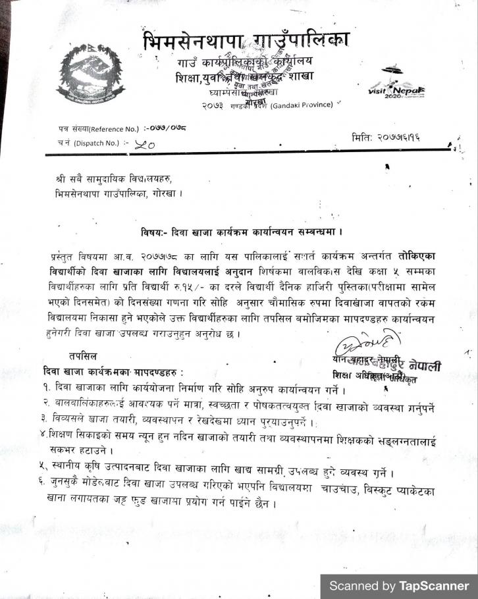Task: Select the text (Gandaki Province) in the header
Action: [302, 105]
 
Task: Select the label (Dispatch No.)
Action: [96, 143]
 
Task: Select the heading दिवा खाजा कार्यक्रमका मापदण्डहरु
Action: [108, 372]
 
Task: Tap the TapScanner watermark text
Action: [399, 586]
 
